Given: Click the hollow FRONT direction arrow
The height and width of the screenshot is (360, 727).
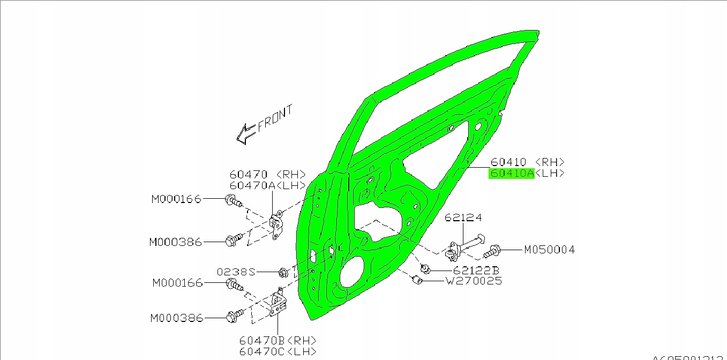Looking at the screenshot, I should click(x=246, y=134).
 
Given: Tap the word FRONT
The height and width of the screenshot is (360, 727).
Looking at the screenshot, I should click(x=275, y=119).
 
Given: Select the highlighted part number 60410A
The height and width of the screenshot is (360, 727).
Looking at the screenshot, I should click(x=511, y=173).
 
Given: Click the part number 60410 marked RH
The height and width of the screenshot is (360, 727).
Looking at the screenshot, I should click(x=508, y=162).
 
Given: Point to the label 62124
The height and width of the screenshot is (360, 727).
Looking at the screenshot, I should click(x=463, y=217).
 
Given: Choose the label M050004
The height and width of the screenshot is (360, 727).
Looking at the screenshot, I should click(x=549, y=250).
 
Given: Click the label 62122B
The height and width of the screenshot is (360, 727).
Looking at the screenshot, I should click(x=475, y=271).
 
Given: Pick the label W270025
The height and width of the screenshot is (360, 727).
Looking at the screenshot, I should click(x=474, y=281).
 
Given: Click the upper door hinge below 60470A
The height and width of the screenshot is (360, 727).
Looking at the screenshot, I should click(x=276, y=226).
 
